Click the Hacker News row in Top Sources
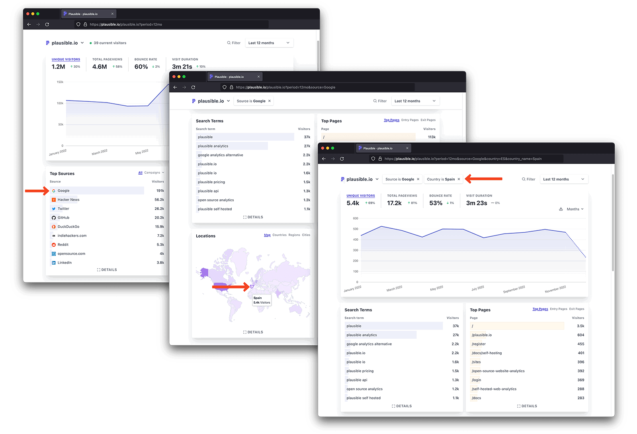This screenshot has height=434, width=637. (x=68, y=200)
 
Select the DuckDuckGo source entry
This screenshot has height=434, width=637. (x=68, y=227)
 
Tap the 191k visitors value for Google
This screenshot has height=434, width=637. (x=160, y=190)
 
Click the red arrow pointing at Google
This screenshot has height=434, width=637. (x=37, y=191)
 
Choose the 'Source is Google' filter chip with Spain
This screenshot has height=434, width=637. (x=400, y=179)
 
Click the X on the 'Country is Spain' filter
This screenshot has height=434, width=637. (x=459, y=179)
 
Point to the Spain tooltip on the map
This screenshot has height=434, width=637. (x=262, y=300)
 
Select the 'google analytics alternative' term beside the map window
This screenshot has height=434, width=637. (x=220, y=155)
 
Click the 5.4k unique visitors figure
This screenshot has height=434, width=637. (x=353, y=203)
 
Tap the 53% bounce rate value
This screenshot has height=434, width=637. (x=436, y=203)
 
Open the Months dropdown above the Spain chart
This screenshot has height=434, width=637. (x=574, y=209)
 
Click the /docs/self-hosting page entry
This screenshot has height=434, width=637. (x=487, y=353)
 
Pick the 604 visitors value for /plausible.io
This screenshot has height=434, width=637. (x=580, y=335)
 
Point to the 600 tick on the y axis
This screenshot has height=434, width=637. (x=356, y=218)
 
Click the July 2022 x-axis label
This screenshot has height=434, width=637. (x=477, y=288)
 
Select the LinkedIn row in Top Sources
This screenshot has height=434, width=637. (x=64, y=263)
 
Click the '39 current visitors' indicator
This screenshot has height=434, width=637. (x=109, y=43)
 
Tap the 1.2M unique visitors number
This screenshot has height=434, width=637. (x=58, y=67)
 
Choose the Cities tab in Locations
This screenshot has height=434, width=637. (x=306, y=235)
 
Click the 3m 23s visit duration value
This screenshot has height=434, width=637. (x=476, y=203)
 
